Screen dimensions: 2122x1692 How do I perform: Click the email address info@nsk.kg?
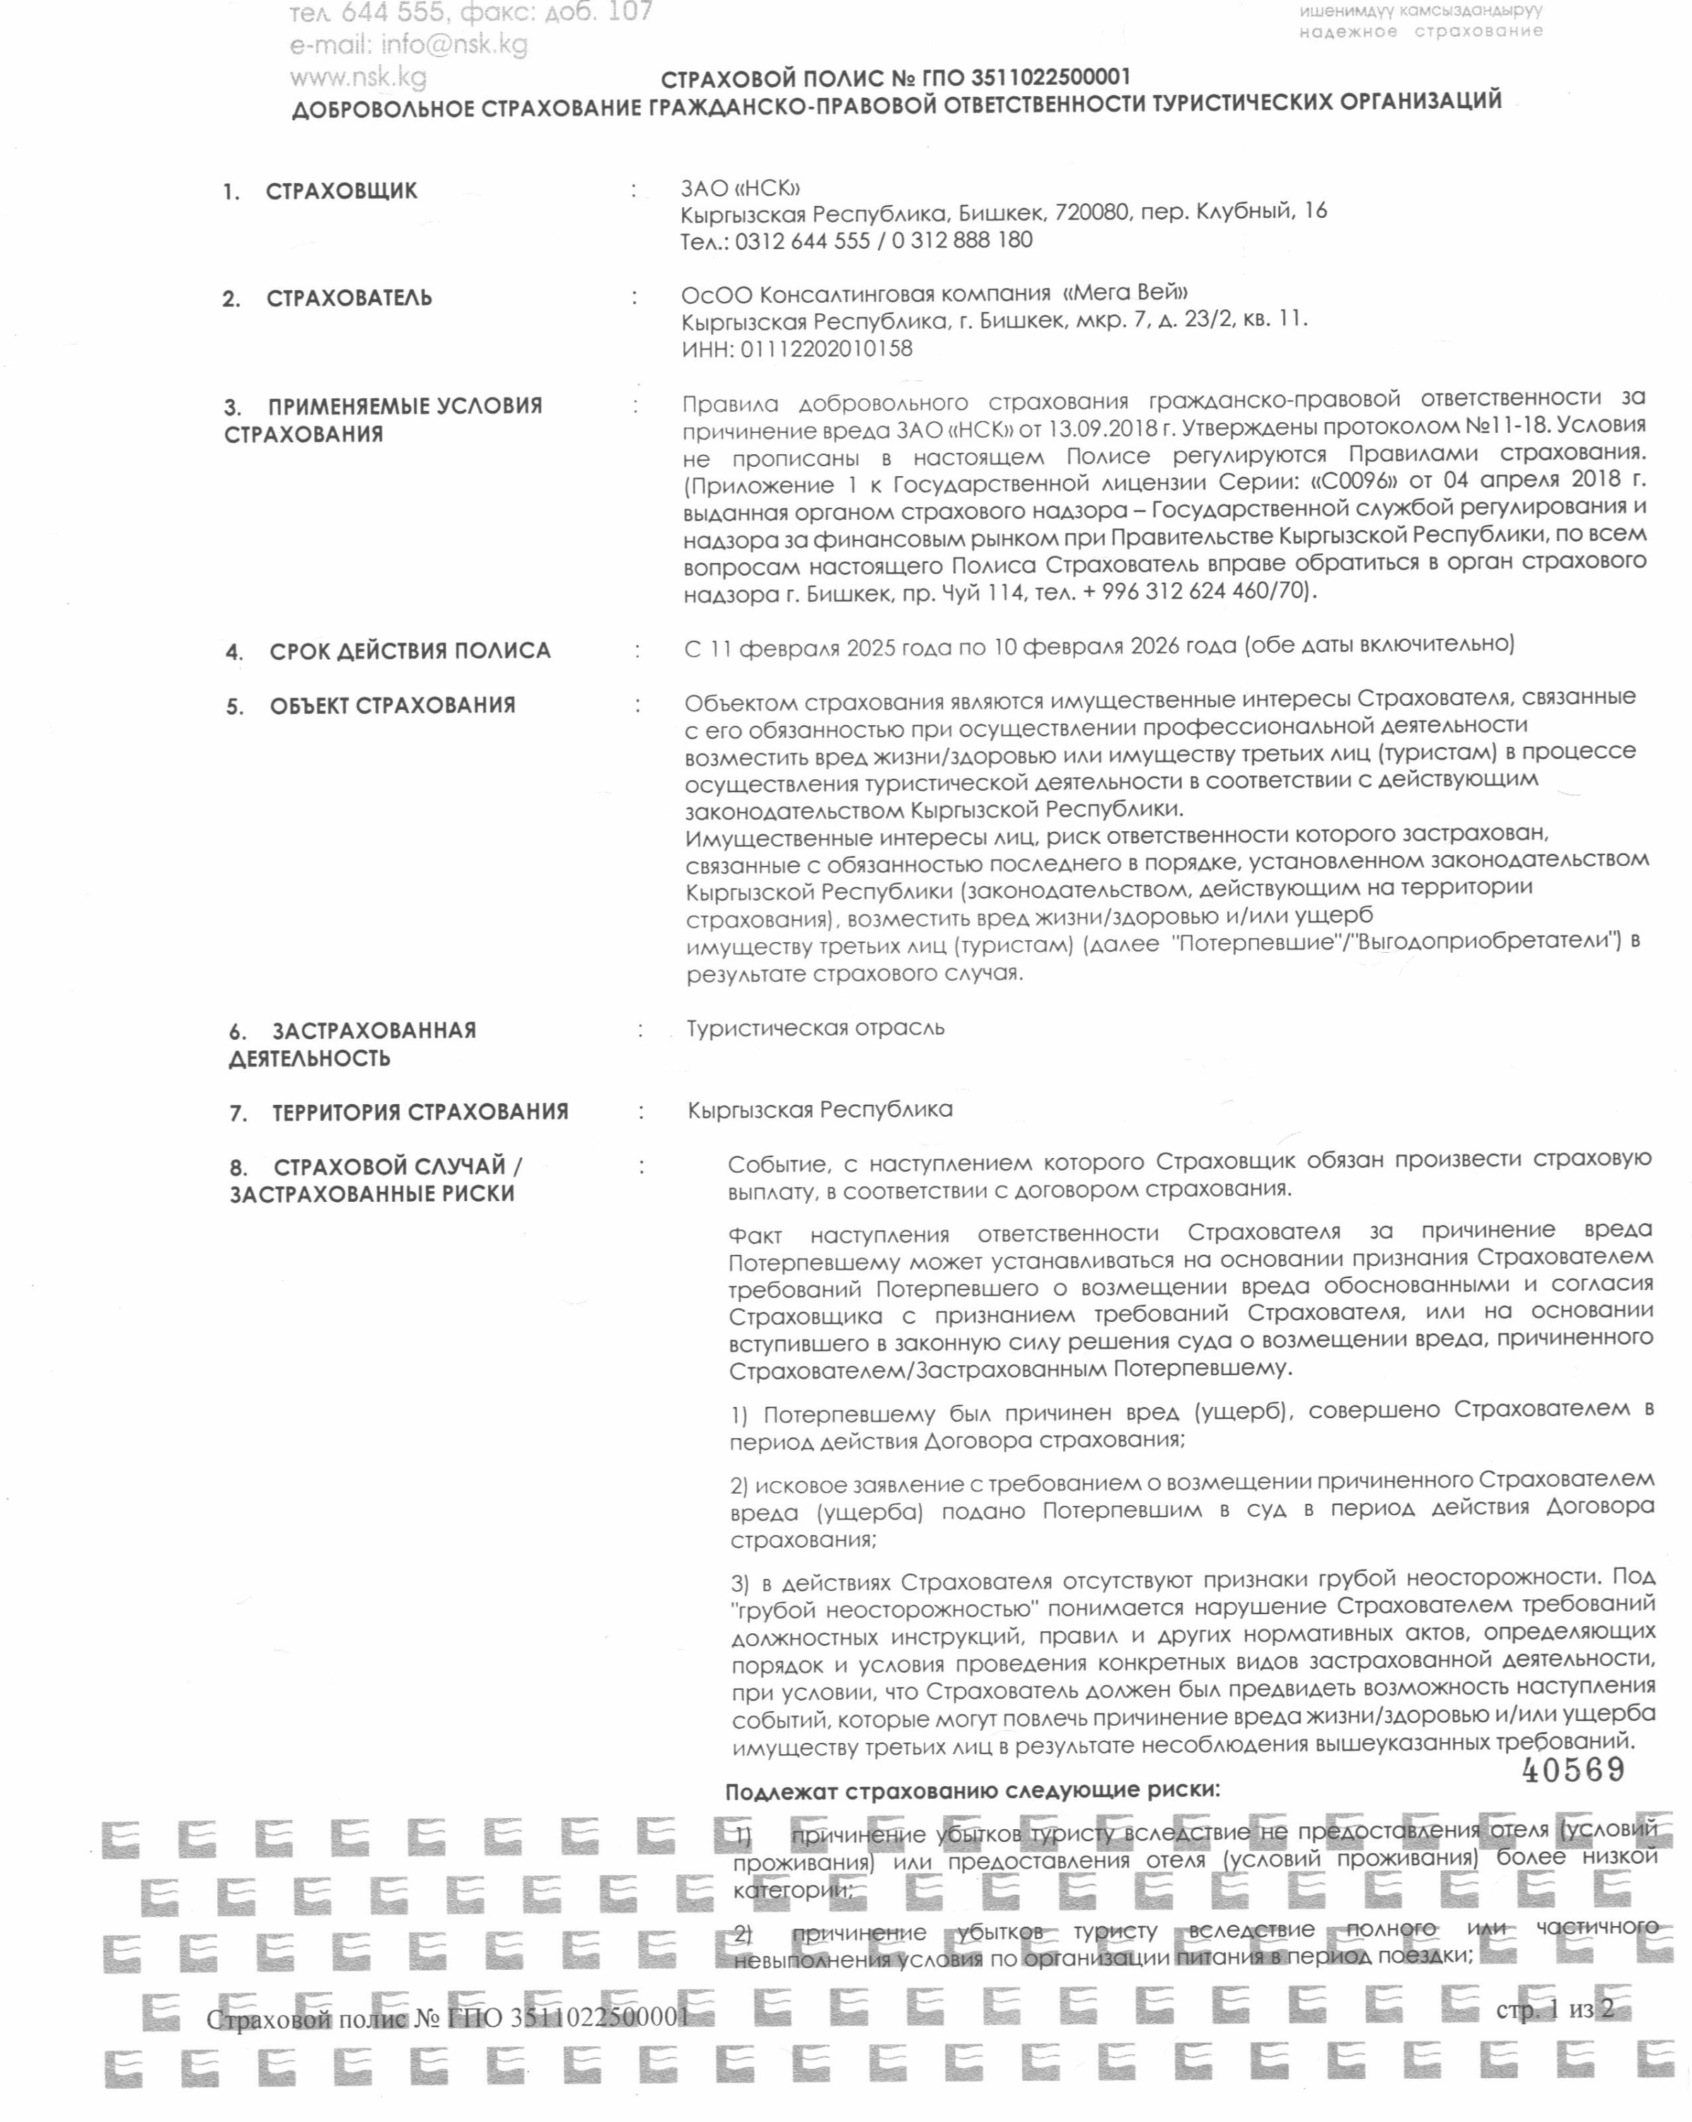408,45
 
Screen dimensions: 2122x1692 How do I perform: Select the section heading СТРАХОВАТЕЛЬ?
349,298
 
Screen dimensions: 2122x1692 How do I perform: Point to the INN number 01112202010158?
825,349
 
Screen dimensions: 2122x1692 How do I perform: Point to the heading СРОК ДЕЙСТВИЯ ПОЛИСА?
410,651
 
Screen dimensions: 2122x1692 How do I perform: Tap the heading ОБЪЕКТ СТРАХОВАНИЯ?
392,706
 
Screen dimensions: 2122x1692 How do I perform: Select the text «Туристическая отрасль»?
815,1028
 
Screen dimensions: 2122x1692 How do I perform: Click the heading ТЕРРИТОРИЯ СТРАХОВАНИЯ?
420,1112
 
